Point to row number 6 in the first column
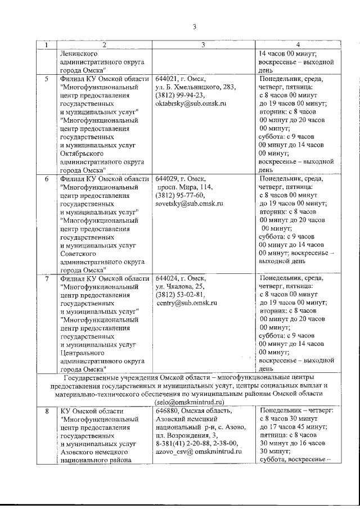pyautogui.click(x=47, y=179)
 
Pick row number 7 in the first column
pyautogui.click(x=47, y=278)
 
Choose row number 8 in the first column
pyautogui.click(x=47, y=412)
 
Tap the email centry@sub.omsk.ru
pyautogui.click(x=187, y=304)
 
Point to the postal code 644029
pyautogui.click(x=166, y=179)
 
